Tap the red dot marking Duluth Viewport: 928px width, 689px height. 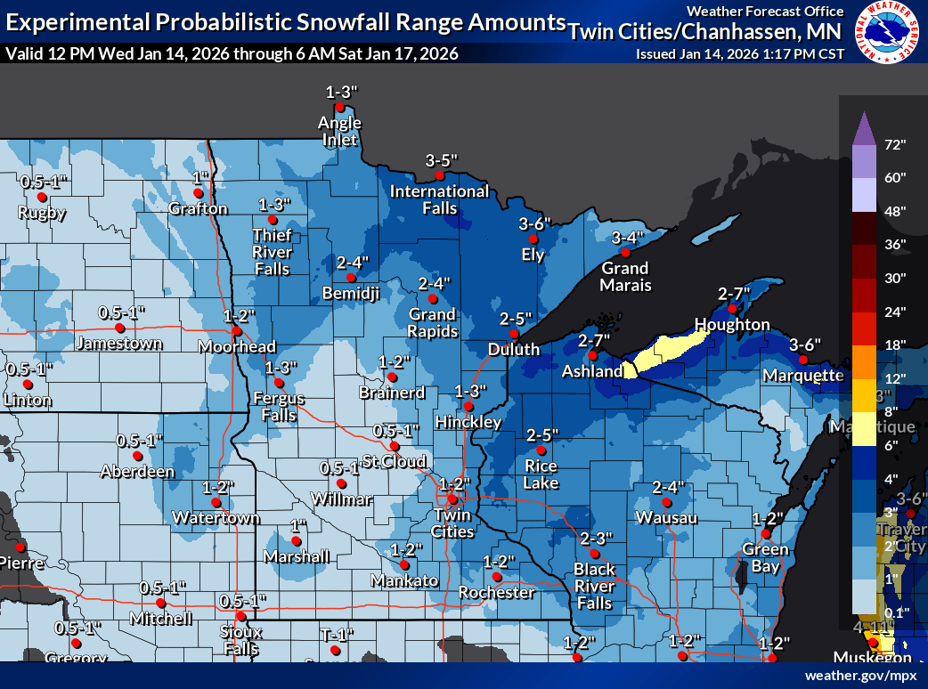(x=514, y=334)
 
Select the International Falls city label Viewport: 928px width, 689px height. (x=439, y=199)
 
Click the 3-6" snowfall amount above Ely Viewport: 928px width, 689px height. (x=535, y=223)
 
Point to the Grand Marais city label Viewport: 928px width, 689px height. (x=625, y=276)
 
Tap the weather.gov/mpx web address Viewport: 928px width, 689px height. (x=860, y=676)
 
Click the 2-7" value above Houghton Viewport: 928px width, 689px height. (x=734, y=293)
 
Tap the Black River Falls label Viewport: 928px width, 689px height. (x=594, y=586)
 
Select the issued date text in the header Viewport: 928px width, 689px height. (x=739, y=53)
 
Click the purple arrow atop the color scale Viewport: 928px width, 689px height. (x=862, y=128)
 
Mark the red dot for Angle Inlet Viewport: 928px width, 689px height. (x=339, y=108)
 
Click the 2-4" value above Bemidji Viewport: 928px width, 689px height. (x=352, y=263)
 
